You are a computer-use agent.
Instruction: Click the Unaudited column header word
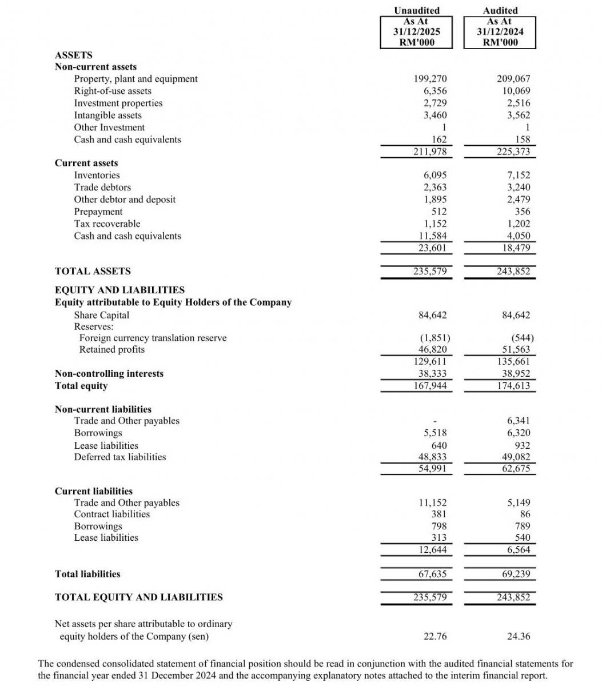click(x=417, y=10)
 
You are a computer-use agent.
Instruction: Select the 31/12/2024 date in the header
click(x=500, y=31)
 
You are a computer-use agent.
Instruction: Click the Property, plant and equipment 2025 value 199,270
click(x=430, y=79)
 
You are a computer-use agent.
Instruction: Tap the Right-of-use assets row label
click(x=113, y=91)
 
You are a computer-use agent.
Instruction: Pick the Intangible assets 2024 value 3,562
click(x=518, y=115)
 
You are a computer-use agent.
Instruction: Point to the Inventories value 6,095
click(x=435, y=176)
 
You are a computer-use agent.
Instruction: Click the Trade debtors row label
click(x=102, y=188)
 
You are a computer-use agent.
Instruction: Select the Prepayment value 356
click(x=523, y=212)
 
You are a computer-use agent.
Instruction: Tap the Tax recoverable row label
click(x=107, y=224)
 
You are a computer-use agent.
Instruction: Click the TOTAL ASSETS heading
click(x=93, y=272)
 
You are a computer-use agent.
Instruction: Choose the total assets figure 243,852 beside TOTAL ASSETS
click(x=513, y=272)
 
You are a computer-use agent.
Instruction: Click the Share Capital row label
click(x=102, y=315)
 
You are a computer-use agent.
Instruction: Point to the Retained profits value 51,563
click(x=516, y=349)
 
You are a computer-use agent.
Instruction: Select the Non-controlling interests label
click(x=109, y=373)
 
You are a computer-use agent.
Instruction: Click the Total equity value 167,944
click(x=430, y=386)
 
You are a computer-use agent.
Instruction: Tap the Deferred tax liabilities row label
click(x=120, y=457)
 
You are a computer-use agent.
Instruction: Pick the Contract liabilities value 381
click(x=438, y=514)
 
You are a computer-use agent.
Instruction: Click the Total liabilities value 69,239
click(x=516, y=574)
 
